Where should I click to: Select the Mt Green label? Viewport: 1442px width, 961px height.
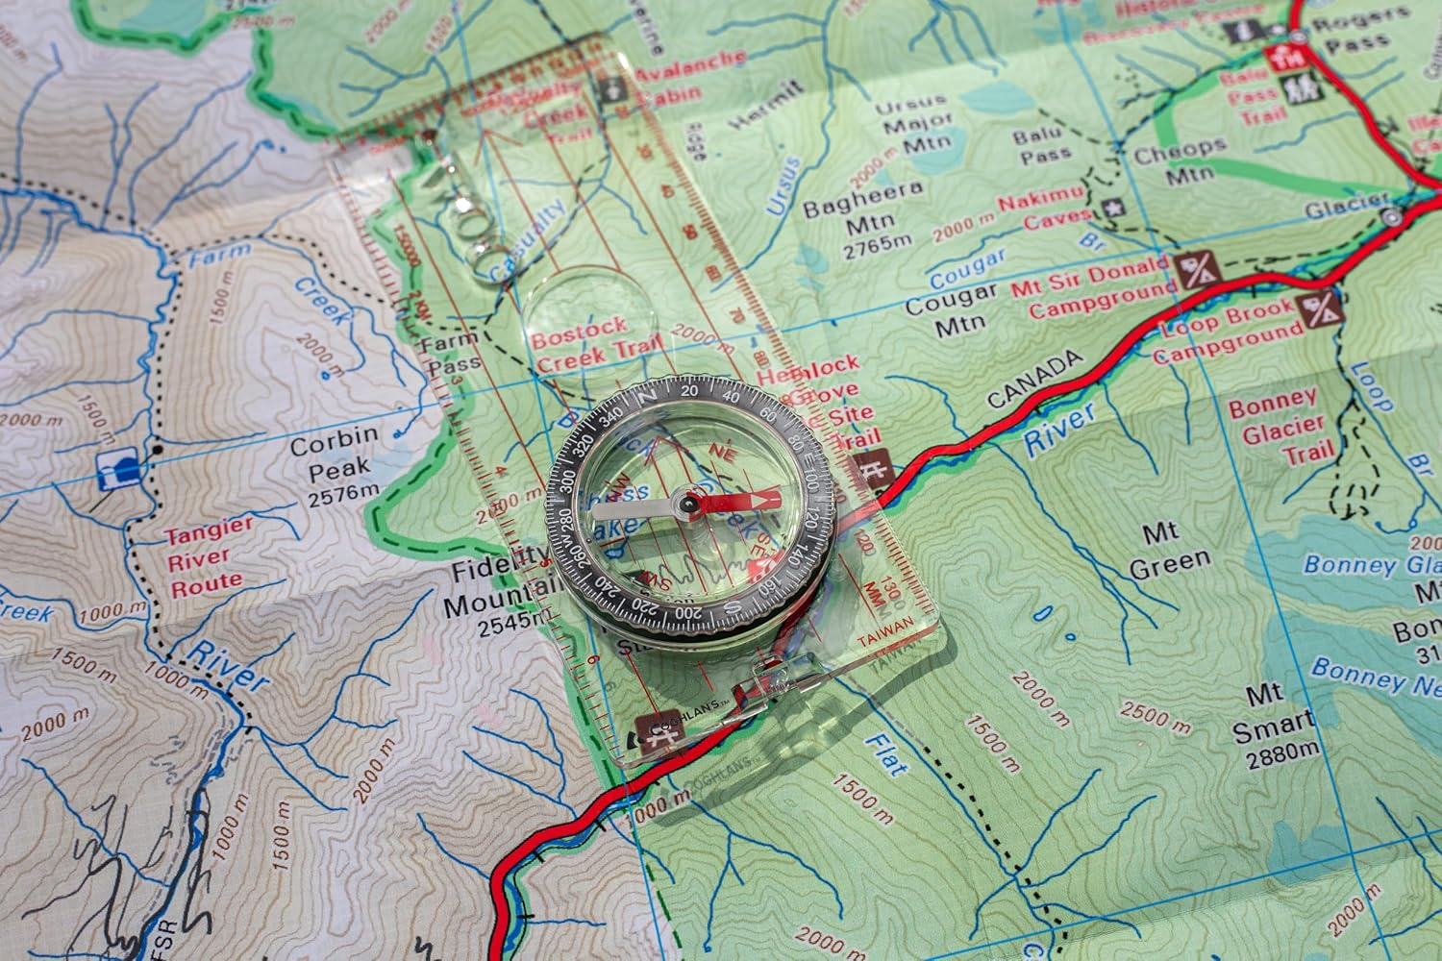(1170, 551)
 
